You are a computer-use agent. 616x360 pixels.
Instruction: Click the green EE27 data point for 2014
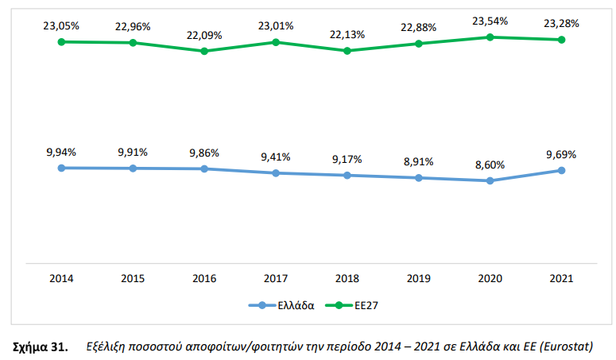pyautogui.click(x=61, y=41)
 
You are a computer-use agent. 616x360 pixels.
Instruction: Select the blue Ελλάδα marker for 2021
pyautogui.click(x=562, y=170)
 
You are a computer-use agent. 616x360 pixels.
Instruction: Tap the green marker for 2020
pyautogui.click(x=490, y=37)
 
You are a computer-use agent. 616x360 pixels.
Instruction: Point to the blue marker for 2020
pyautogui.click(x=490, y=180)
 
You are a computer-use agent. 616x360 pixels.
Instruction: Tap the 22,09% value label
pyautogui.click(x=204, y=35)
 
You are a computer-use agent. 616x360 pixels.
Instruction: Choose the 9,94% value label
pyautogui.click(x=61, y=151)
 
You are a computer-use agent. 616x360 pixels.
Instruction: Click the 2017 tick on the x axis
pyautogui.click(x=276, y=279)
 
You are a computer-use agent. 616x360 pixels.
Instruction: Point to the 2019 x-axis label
pyautogui.click(x=419, y=279)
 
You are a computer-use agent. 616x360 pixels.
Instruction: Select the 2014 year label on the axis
pyautogui.click(x=61, y=279)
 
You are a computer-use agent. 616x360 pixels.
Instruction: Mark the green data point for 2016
pyautogui.click(x=204, y=51)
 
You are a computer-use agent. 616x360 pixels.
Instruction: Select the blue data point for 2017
pyautogui.click(x=276, y=172)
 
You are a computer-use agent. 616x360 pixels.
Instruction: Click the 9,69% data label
pyautogui.click(x=562, y=154)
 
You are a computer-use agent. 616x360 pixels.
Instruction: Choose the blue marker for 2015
pyautogui.click(x=133, y=168)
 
